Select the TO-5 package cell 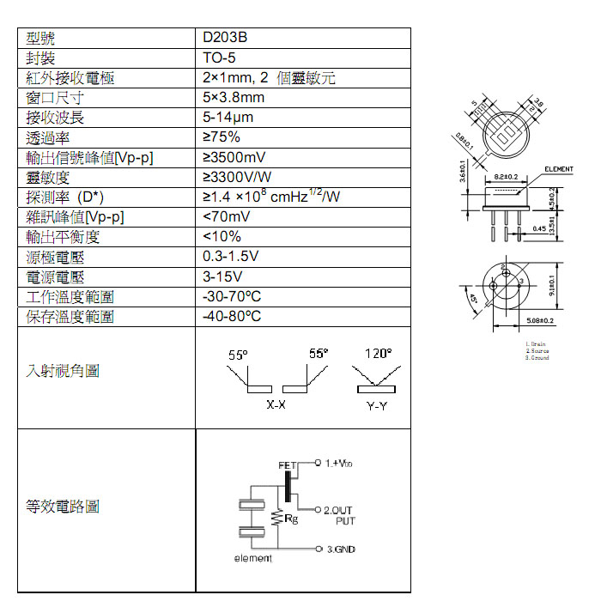pyautogui.click(x=219, y=58)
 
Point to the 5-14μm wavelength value pyautogui.click(x=228, y=118)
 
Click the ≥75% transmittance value pyautogui.click(x=222, y=137)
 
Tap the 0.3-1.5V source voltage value pyautogui.click(x=230, y=257)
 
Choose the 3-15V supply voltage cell pyautogui.click(x=222, y=276)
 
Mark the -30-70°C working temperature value pyautogui.click(x=232, y=296)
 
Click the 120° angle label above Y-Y pyautogui.click(x=377, y=354)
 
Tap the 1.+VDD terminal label pyautogui.click(x=340, y=464)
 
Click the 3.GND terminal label pyautogui.click(x=341, y=549)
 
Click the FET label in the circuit pyautogui.click(x=287, y=465)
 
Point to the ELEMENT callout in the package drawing pyautogui.click(x=557, y=169)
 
